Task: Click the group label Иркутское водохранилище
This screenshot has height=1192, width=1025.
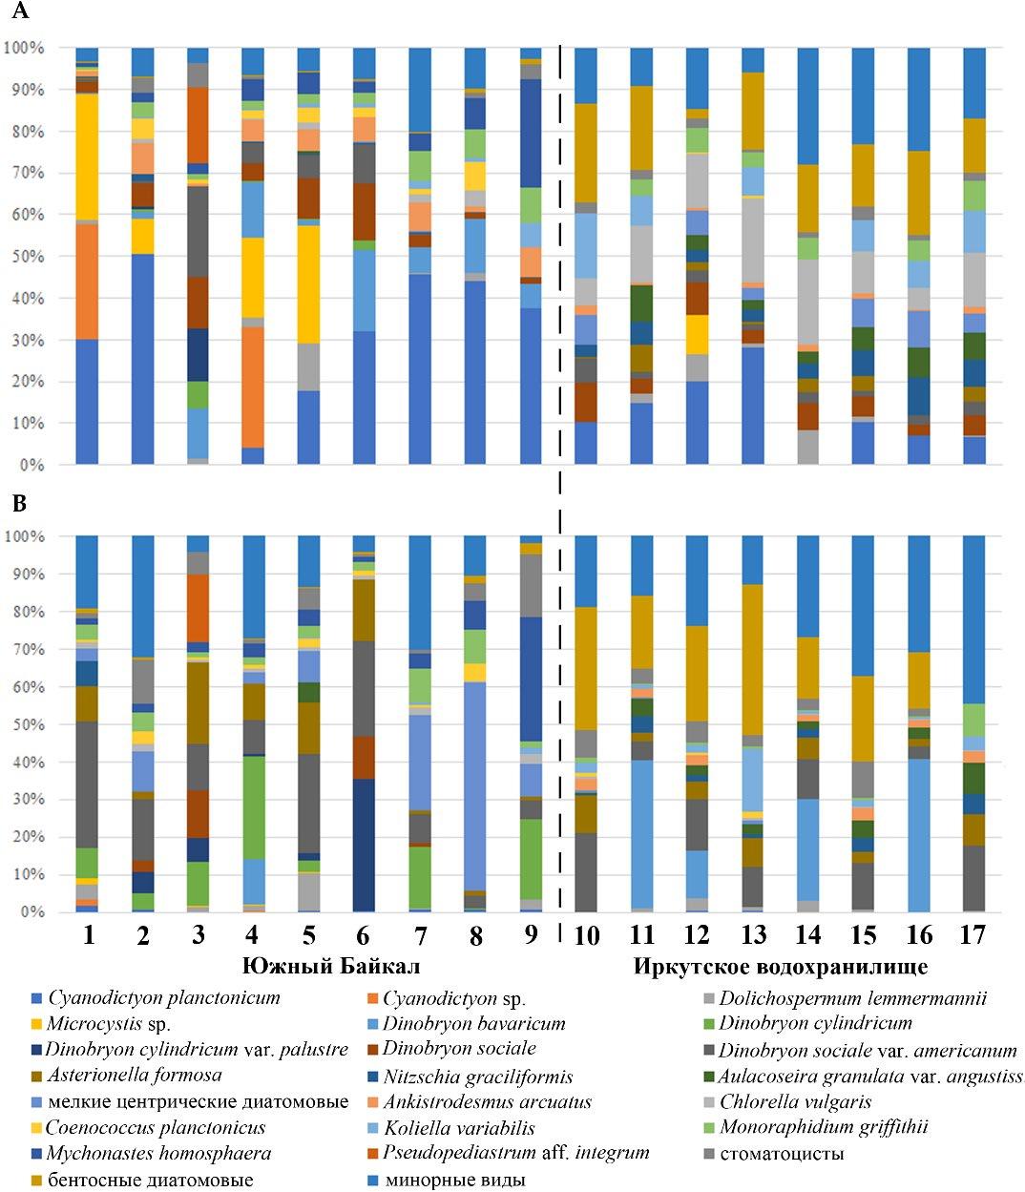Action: pyautogui.click(x=780, y=967)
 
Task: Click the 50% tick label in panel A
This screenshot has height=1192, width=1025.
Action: pyautogui.click(x=26, y=257)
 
